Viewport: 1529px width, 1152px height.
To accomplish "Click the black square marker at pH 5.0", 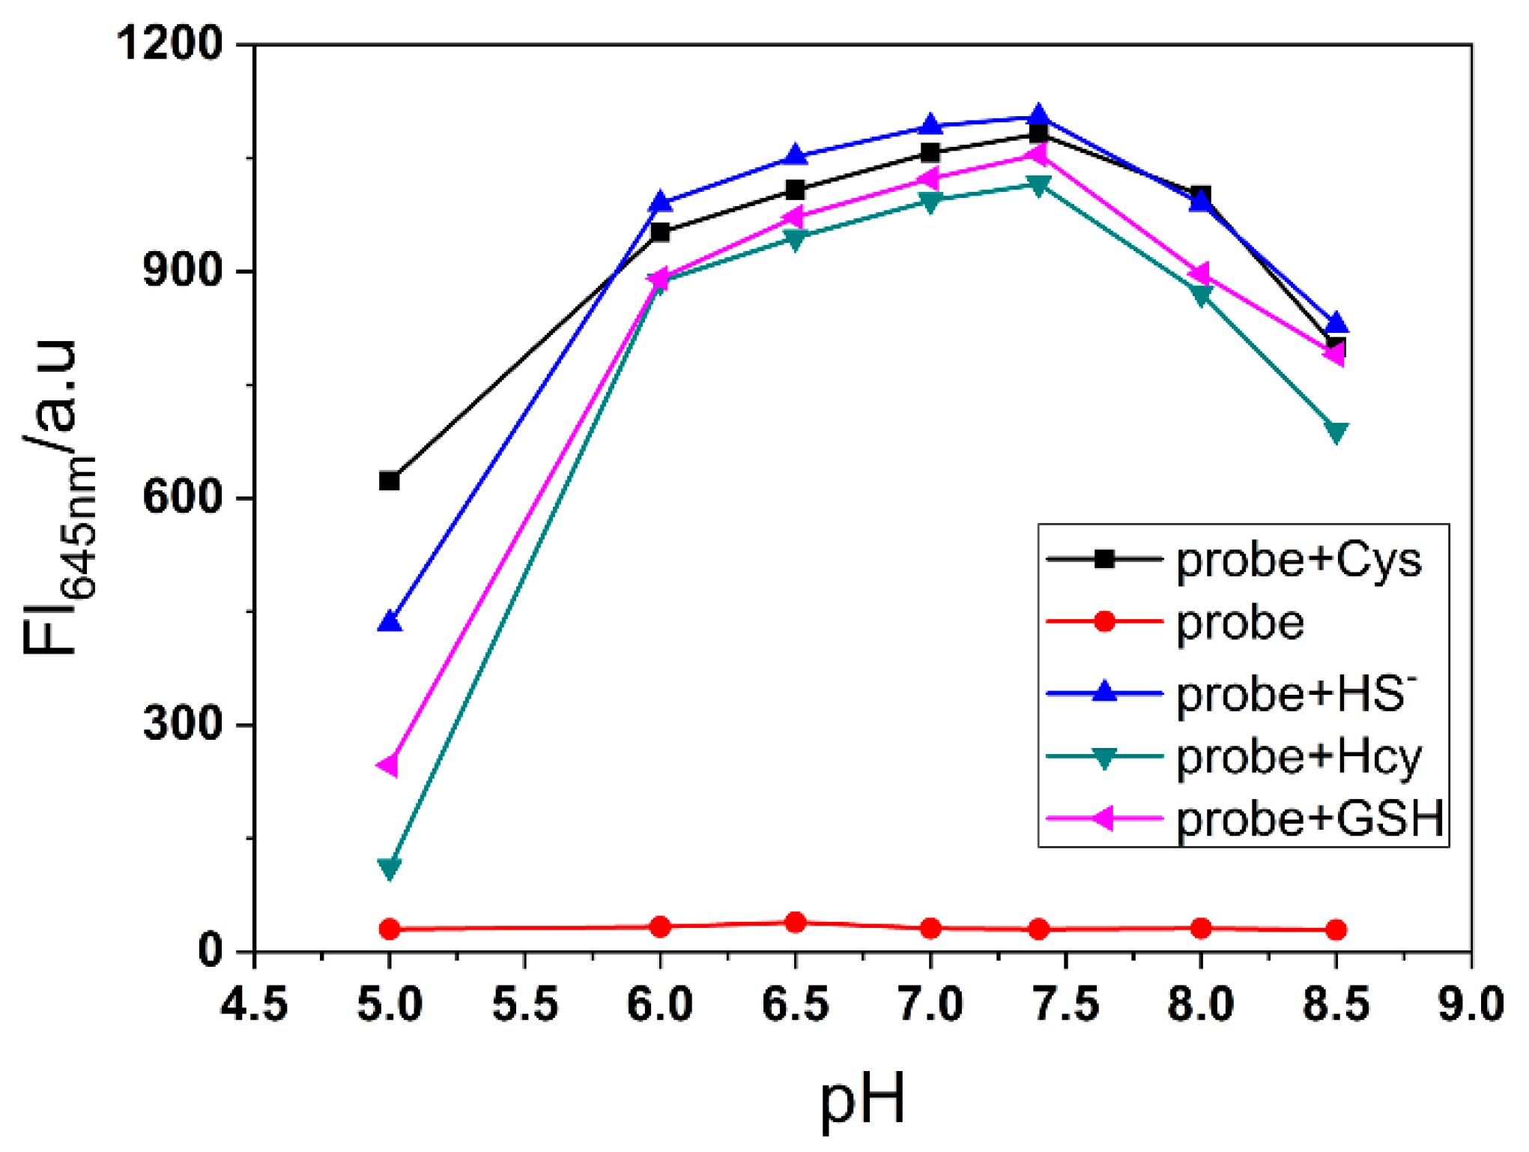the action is coord(389,481).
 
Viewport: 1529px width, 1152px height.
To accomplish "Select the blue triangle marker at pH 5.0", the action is coord(389,622).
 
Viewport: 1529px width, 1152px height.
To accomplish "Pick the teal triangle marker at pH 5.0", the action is coord(389,869).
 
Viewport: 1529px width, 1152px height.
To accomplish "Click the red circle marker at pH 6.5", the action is coord(796,923).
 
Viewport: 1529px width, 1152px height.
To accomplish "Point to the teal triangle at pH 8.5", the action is coord(1336,432).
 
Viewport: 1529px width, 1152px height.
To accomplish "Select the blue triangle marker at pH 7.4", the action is coord(1038,115).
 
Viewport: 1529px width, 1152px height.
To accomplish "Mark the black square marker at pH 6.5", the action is coord(796,190).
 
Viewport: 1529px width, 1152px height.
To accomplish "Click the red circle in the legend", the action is coord(1104,621).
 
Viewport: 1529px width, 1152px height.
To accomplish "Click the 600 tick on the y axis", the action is coord(184,497).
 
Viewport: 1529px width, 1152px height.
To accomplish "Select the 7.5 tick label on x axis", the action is coord(1065,1004).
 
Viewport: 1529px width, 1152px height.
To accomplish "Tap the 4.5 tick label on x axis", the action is coord(254,1004).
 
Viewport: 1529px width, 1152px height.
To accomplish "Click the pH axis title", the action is coord(863,1100).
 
